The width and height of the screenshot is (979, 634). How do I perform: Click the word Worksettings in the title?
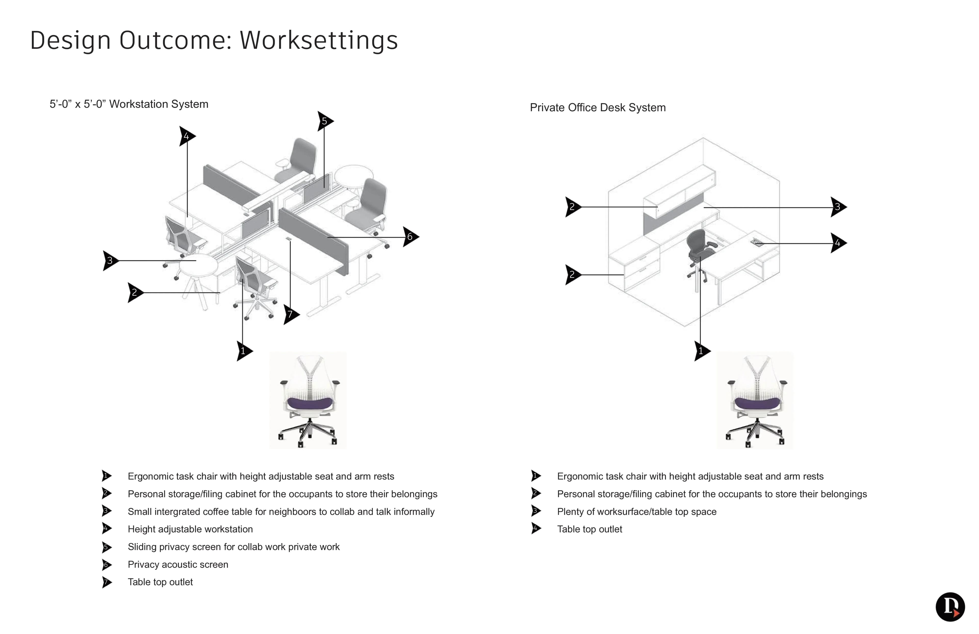pyautogui.click(x=319, y=40)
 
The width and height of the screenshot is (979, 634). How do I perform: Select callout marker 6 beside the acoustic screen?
pyautogui.click(x=410, y=237)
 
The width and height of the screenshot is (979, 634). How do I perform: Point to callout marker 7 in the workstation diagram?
pyautogui.click(x=290, y=315)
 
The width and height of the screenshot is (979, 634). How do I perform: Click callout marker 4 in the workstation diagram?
pyautogui.click(x=186, y=136)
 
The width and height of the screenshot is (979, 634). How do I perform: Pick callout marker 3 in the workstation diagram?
pyautogui.click(x=110, y=260)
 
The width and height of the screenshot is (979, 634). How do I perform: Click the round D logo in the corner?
pyautogui.click(x=950, y=607)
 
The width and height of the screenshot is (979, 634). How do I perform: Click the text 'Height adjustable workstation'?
pyautogui.click(x=190, y=529)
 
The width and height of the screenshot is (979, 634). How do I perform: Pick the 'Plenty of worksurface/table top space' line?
pyautogui.click(x=636, y=512)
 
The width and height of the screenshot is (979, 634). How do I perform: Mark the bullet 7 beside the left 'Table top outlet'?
pyautogui.click(x=107, y=582)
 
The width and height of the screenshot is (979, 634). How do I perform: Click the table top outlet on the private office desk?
pyautogui.click(x=757, y=242)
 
